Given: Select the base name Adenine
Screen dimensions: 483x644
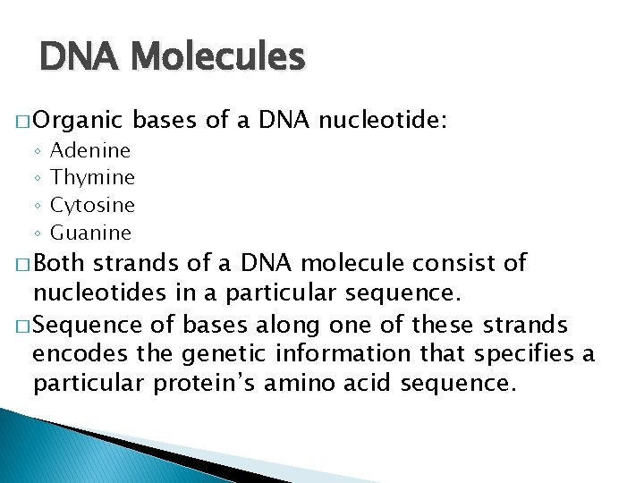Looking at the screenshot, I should [90, 150].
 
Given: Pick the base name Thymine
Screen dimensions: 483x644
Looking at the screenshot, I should [93, 178].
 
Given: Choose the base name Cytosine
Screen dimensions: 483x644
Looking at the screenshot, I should [93, 205].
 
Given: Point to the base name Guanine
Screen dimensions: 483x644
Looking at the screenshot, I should [91, 233].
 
